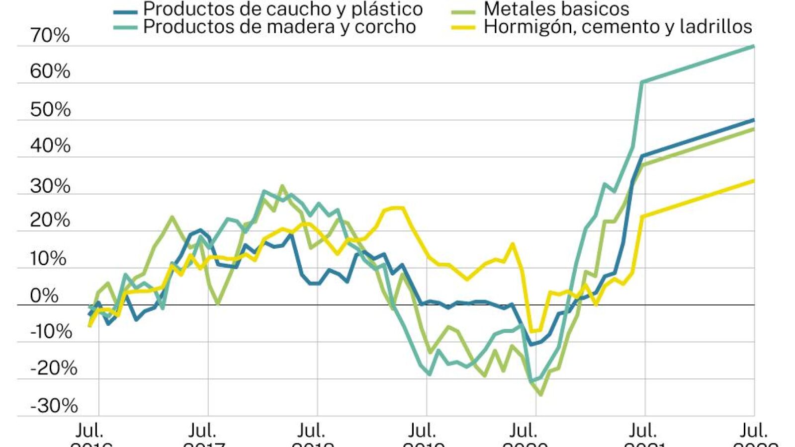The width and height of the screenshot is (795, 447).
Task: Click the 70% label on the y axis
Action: point(50,36)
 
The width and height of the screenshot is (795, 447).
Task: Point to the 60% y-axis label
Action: point(50,72)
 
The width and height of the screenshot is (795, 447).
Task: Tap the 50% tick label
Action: point(50,110)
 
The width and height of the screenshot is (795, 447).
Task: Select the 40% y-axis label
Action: point(50,146)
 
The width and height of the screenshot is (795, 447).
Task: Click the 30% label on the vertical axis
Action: point(50,186)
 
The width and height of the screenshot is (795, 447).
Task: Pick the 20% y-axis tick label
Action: point(50,220)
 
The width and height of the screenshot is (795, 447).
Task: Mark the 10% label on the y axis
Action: point(48,259)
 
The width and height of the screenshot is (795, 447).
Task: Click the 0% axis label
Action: point(44,296)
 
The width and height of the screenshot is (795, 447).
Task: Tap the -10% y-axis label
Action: point(51,331)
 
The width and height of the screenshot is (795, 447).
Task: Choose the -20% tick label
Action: point(53,369)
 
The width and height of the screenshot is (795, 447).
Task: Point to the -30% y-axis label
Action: point(54,406)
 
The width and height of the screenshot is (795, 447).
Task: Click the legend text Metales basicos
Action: point(556,9)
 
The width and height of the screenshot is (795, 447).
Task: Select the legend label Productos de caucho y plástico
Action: point(283,9)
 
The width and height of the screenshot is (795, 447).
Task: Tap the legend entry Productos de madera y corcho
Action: point(279,27)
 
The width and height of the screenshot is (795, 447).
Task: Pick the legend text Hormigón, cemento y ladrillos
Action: point(618,27)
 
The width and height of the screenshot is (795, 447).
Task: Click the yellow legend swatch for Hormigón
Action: point(463,27)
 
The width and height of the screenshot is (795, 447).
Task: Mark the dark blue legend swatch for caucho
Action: point(125,11)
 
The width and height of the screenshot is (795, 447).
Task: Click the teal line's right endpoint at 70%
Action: point(754,46)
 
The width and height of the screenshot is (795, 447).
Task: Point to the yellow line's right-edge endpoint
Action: point(754,180)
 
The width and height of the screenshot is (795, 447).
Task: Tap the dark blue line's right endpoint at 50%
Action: point(754,120)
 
